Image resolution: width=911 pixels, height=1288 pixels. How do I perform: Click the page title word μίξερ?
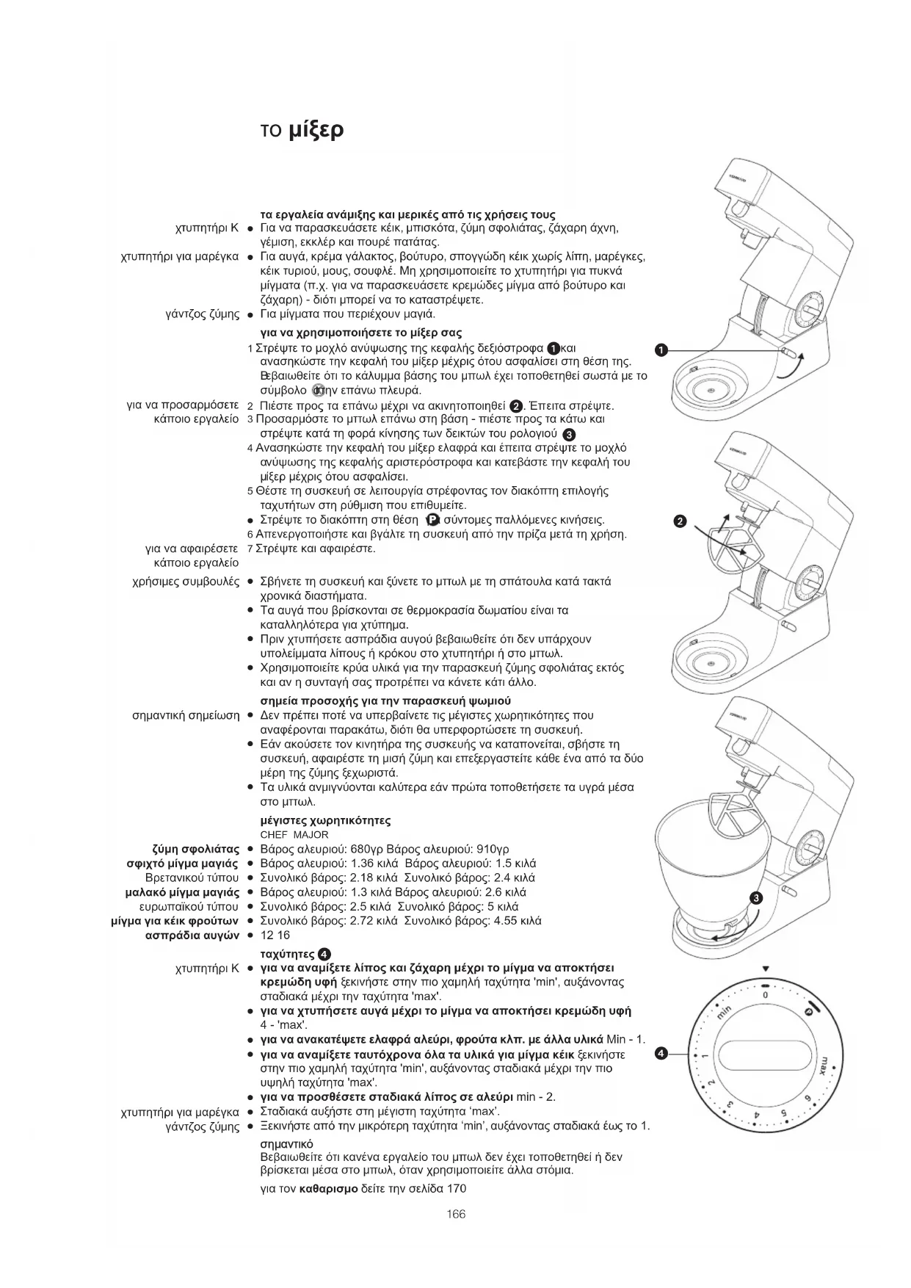pyautogui.click(x=315, y=131)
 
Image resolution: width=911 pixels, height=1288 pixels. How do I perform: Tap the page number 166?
pyautogui.click(x=456, y=1214)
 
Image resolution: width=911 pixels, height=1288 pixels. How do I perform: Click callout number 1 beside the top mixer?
pyautogui.click(x=661, y=350)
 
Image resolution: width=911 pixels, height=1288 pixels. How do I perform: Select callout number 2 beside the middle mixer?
pyautogui.click(x=679, y=521)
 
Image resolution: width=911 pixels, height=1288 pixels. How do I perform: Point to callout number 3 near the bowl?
pyautogui.click(x=756, y=898)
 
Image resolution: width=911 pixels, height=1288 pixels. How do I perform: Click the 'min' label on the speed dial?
pyautogui.click(x=725, y=1016)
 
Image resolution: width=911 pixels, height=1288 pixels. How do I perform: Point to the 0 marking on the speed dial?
pyautogui.click(x=765, y=995)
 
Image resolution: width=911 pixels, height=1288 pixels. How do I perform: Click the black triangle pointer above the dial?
pyautogui.click(x=766, y=969)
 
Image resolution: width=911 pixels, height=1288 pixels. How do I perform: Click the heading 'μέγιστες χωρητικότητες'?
pyautogui.click(x=325, y=820)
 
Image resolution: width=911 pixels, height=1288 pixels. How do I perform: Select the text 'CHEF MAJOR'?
pyautogui.click(x=294, y=835)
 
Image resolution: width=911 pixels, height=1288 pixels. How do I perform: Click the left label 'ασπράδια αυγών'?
pyautogui.click(x=193, y=935)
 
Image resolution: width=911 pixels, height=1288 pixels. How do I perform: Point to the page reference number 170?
pyautogui.click(x=457, y=1188)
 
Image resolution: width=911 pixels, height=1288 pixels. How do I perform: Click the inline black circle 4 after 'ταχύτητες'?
pyautogui.click(x=324, y=955)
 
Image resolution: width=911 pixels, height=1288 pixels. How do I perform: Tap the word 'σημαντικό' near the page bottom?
pyautogui.click(x=287, y=1144)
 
